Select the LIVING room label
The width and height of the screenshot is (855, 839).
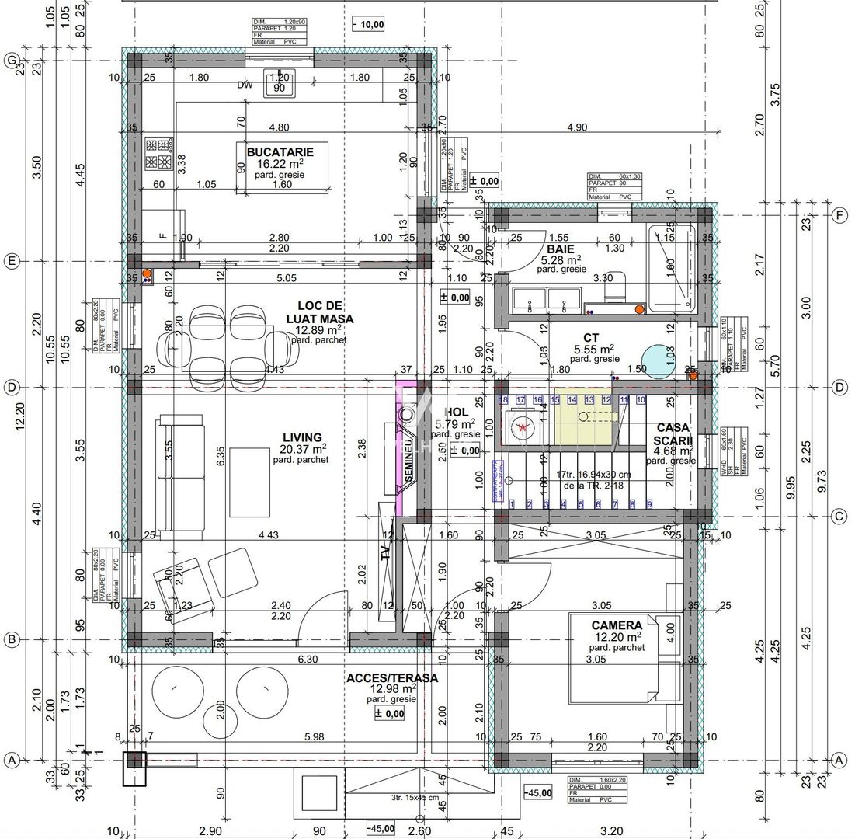[x=303, y=437]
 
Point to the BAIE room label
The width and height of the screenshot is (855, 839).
[x=558, y=249]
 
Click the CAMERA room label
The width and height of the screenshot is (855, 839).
[x=616, y=625]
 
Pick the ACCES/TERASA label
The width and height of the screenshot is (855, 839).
[x=391, y=677]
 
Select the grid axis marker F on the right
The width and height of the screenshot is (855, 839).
[x=839, y=216]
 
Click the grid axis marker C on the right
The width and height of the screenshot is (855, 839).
[x=839, y=516]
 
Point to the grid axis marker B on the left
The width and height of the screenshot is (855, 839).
[x=11, y=639]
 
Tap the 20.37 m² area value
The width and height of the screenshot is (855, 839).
[x=303, y=448]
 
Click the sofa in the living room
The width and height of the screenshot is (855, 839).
[x=181, y=474]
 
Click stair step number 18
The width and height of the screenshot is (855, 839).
[x=502, y=399]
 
